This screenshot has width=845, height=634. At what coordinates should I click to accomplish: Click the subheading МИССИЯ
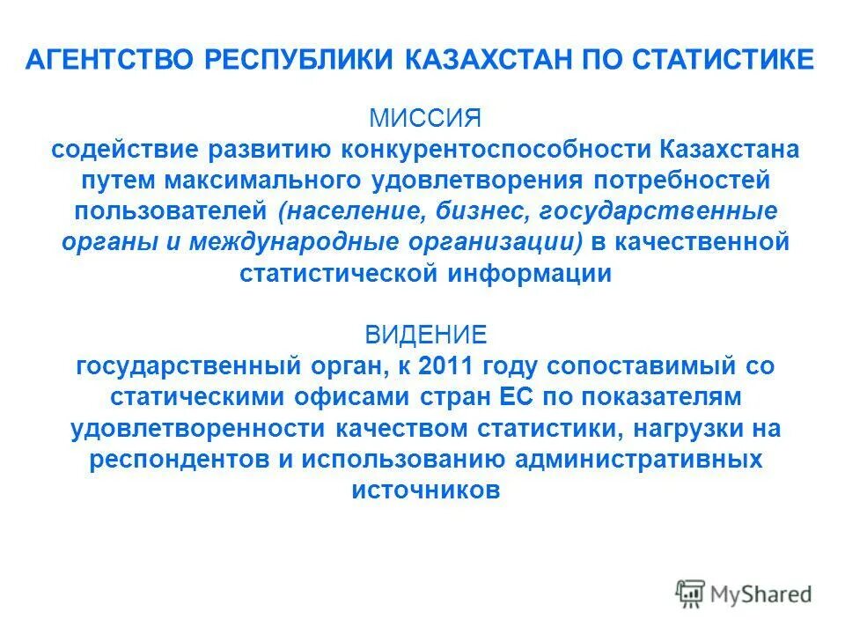(425, 118)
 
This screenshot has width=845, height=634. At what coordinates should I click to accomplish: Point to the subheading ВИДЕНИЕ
(426, 335)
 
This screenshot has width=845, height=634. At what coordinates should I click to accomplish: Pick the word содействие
(122, 149)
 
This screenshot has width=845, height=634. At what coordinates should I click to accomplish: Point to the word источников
(426, 490)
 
